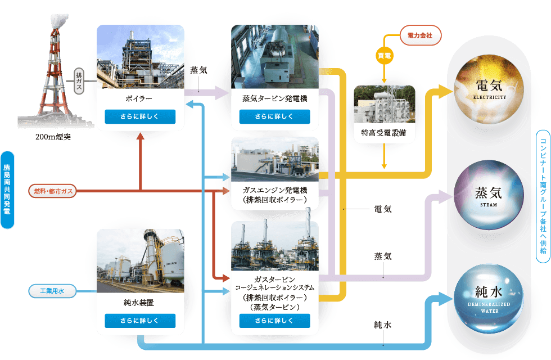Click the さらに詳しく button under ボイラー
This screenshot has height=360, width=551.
point(140,117)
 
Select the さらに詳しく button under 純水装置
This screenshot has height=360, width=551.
point(140,321)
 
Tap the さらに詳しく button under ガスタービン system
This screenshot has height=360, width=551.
point(275,321)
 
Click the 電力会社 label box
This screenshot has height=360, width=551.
point(420,36)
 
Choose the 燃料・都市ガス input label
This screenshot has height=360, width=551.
point(52,192)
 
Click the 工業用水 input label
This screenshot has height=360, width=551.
point(52,276)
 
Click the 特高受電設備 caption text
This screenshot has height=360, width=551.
point(384,133)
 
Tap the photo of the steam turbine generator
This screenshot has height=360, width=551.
point(275,56)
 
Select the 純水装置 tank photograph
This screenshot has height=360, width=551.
point(140,256)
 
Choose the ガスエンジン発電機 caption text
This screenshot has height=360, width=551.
point(275,190)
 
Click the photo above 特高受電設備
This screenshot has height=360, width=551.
point(384,105)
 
